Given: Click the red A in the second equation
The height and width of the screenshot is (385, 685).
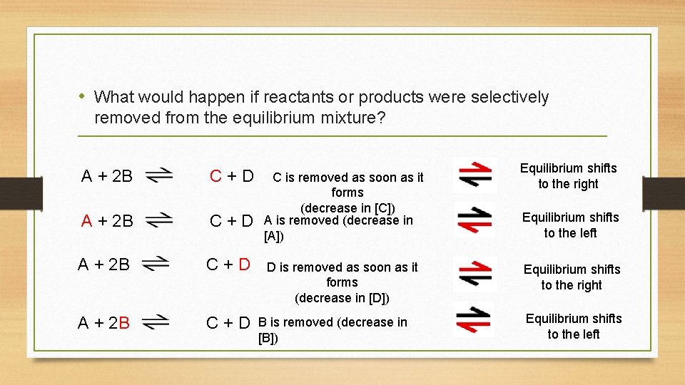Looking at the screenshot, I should (x=86, y=221).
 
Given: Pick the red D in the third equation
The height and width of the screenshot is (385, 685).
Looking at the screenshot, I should (x=245, y=265).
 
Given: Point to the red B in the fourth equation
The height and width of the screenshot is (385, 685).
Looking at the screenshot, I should (x=125, y=323).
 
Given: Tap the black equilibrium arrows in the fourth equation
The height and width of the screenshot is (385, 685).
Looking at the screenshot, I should (x=156, y=322).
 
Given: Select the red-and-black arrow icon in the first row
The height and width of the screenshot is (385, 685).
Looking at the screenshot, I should (x=475, y=175).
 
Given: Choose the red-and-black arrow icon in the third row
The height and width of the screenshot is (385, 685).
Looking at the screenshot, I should (x=475, y=274).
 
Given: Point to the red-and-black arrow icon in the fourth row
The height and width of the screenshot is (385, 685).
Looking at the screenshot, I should (x=472, y=319).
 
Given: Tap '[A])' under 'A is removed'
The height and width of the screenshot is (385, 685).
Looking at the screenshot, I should (x=274, y=236).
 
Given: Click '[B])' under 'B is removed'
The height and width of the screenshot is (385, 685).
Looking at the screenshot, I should (x=268, y=338).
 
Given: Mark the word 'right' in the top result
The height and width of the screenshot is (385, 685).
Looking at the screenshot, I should (x=584, y=184).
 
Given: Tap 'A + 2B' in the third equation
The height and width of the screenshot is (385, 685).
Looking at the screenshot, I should (x=104, y=265).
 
